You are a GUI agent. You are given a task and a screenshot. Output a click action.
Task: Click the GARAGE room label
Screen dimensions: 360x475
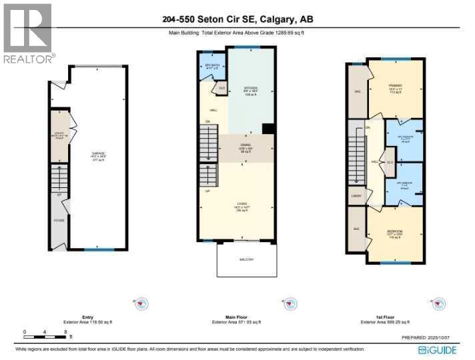point(98,155)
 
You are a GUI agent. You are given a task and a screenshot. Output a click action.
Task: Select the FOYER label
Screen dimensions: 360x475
point(59,219)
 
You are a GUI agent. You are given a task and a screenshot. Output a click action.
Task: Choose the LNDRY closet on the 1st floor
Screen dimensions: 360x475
point(356,196)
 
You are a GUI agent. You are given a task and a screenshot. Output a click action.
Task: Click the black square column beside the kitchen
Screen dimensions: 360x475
point(268,129)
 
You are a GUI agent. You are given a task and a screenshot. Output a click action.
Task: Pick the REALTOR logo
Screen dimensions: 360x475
point(27,33)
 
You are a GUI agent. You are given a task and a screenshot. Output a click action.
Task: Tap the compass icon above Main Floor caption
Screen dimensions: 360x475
point(290,304)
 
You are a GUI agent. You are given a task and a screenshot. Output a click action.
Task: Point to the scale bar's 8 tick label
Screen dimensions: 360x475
point(65,331)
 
